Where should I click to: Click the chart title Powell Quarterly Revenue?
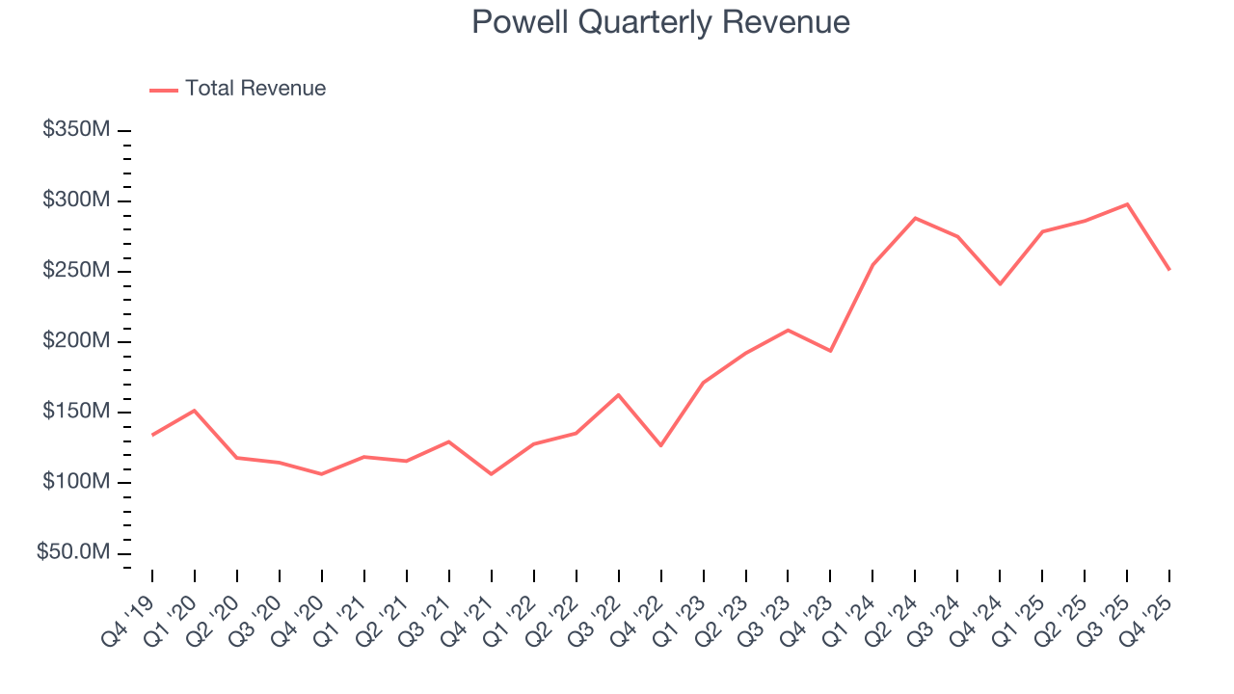[x=660, y=22]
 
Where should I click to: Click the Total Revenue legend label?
[x=255, y=89]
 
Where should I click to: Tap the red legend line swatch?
[x=164, y=90]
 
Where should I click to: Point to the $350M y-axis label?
[x=76, y=130]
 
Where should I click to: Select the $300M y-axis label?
[x=76, y=200]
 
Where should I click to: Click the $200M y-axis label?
[x=76, y=341]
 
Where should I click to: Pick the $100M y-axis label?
[x=76, y=482]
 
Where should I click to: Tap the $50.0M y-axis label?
[x=73, y=552]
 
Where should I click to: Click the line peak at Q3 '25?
[x=1127, y=204]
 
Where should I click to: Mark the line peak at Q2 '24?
[x=915, y=218]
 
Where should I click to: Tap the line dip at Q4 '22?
[x=660, y=445]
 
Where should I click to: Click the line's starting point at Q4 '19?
[x=152, y=435]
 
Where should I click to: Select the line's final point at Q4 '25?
[x=1169, y=269]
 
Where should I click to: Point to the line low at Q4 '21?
[x=491, y=474]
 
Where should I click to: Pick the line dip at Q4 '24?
[x=1000, y=284]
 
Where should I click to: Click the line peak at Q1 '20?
[x=195, y=411]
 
